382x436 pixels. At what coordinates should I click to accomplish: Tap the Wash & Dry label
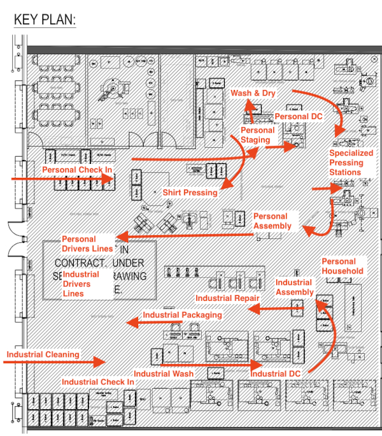click(x=253, y=94)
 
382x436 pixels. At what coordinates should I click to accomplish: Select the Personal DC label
click(x=299, y=117)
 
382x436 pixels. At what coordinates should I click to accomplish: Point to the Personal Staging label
click(x=258, y=135)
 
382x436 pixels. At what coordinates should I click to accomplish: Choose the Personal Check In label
click(x=77, y=170)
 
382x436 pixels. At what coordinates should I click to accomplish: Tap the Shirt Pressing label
click(x=190, y=192)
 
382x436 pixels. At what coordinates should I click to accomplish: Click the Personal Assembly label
click(x=272, y=221)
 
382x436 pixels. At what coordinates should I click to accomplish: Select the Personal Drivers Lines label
click(x=87, y=243)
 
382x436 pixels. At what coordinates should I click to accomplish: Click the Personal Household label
click(x=343, y=266)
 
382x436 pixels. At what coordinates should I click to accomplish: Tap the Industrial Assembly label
click(x=295, y=287)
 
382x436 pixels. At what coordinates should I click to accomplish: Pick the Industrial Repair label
click(x=227, y=298)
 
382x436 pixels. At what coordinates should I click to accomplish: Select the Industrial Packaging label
click(x=182, y=315)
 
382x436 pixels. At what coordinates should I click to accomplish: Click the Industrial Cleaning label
click(x=43, y=354)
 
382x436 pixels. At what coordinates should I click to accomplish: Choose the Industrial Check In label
click(x=98, y=382)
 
